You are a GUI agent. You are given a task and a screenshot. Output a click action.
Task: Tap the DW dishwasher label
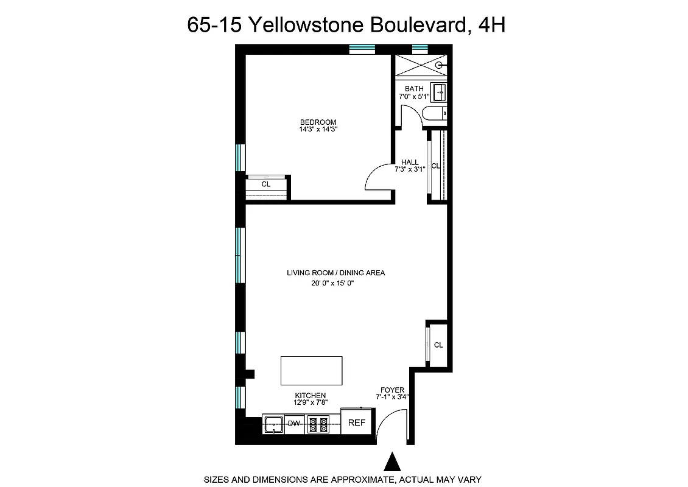click(x=294, y=423)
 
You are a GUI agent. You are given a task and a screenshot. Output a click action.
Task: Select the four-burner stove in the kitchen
click(x=318, y=424)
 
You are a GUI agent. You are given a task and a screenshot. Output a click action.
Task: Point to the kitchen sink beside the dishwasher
click(x=273, y=423)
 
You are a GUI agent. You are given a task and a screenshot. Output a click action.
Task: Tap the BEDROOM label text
click(x=318, y=122)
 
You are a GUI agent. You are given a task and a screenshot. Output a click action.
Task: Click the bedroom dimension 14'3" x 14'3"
click(x=318, y=129)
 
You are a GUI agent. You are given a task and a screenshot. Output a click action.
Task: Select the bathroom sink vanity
click(x=439, y=93)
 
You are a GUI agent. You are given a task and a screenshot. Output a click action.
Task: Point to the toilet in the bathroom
click(x=436, y=114)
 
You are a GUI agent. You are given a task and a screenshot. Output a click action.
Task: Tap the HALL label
click(x=410, y=162)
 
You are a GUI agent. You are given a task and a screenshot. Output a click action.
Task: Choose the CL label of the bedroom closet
click(x=266, y=184)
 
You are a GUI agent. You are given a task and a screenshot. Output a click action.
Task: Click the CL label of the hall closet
click(x=435, y=166)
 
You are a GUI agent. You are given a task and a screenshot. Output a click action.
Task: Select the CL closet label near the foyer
click(x=438, y=345)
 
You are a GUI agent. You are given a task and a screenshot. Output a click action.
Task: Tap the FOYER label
click(x=392, y=390)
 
